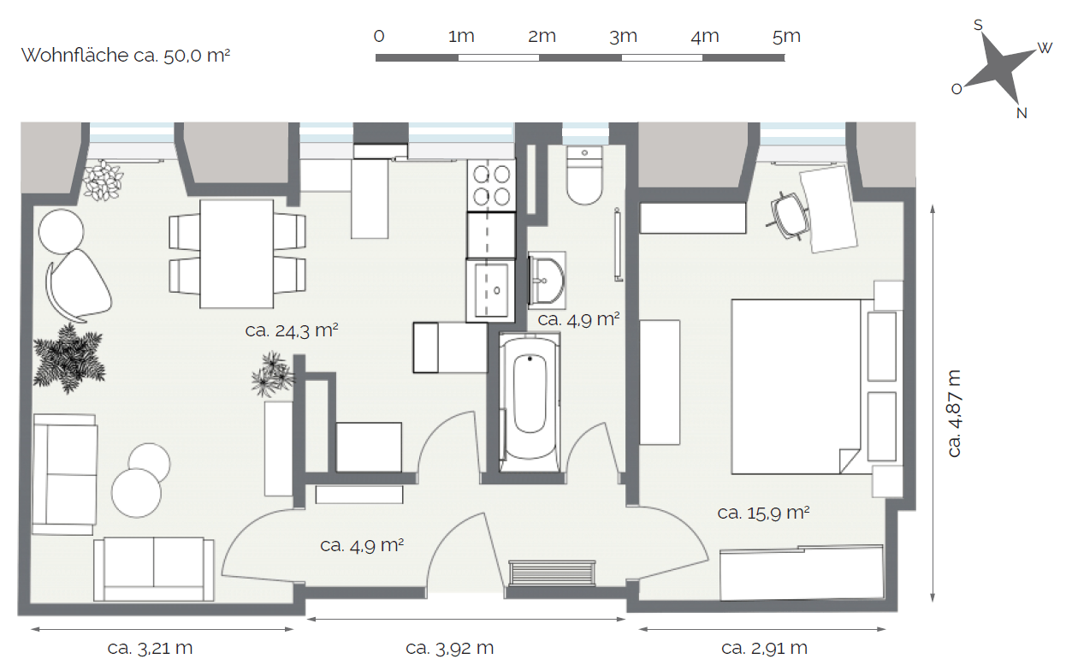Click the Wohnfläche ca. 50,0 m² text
coord(126,56)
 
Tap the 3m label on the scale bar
coord(623,36)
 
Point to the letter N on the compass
coord(1022,113)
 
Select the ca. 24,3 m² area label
coord(292,330)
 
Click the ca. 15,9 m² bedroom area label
coord(763,513)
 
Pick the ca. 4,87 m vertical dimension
coord(955,413)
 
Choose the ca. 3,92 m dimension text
coord(450,648)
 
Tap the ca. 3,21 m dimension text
coord(150,648)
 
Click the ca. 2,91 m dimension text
coord(764,648)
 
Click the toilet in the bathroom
coord(584,175)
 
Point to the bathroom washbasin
coord(547,281)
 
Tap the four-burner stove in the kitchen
coord(491,185)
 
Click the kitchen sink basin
coord(491,290)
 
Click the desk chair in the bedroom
coord(789,215)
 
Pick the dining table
coord(236,254)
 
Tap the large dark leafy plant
coord(69,359)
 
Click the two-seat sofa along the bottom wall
coord(154,569)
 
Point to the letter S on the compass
coord(978,25)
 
